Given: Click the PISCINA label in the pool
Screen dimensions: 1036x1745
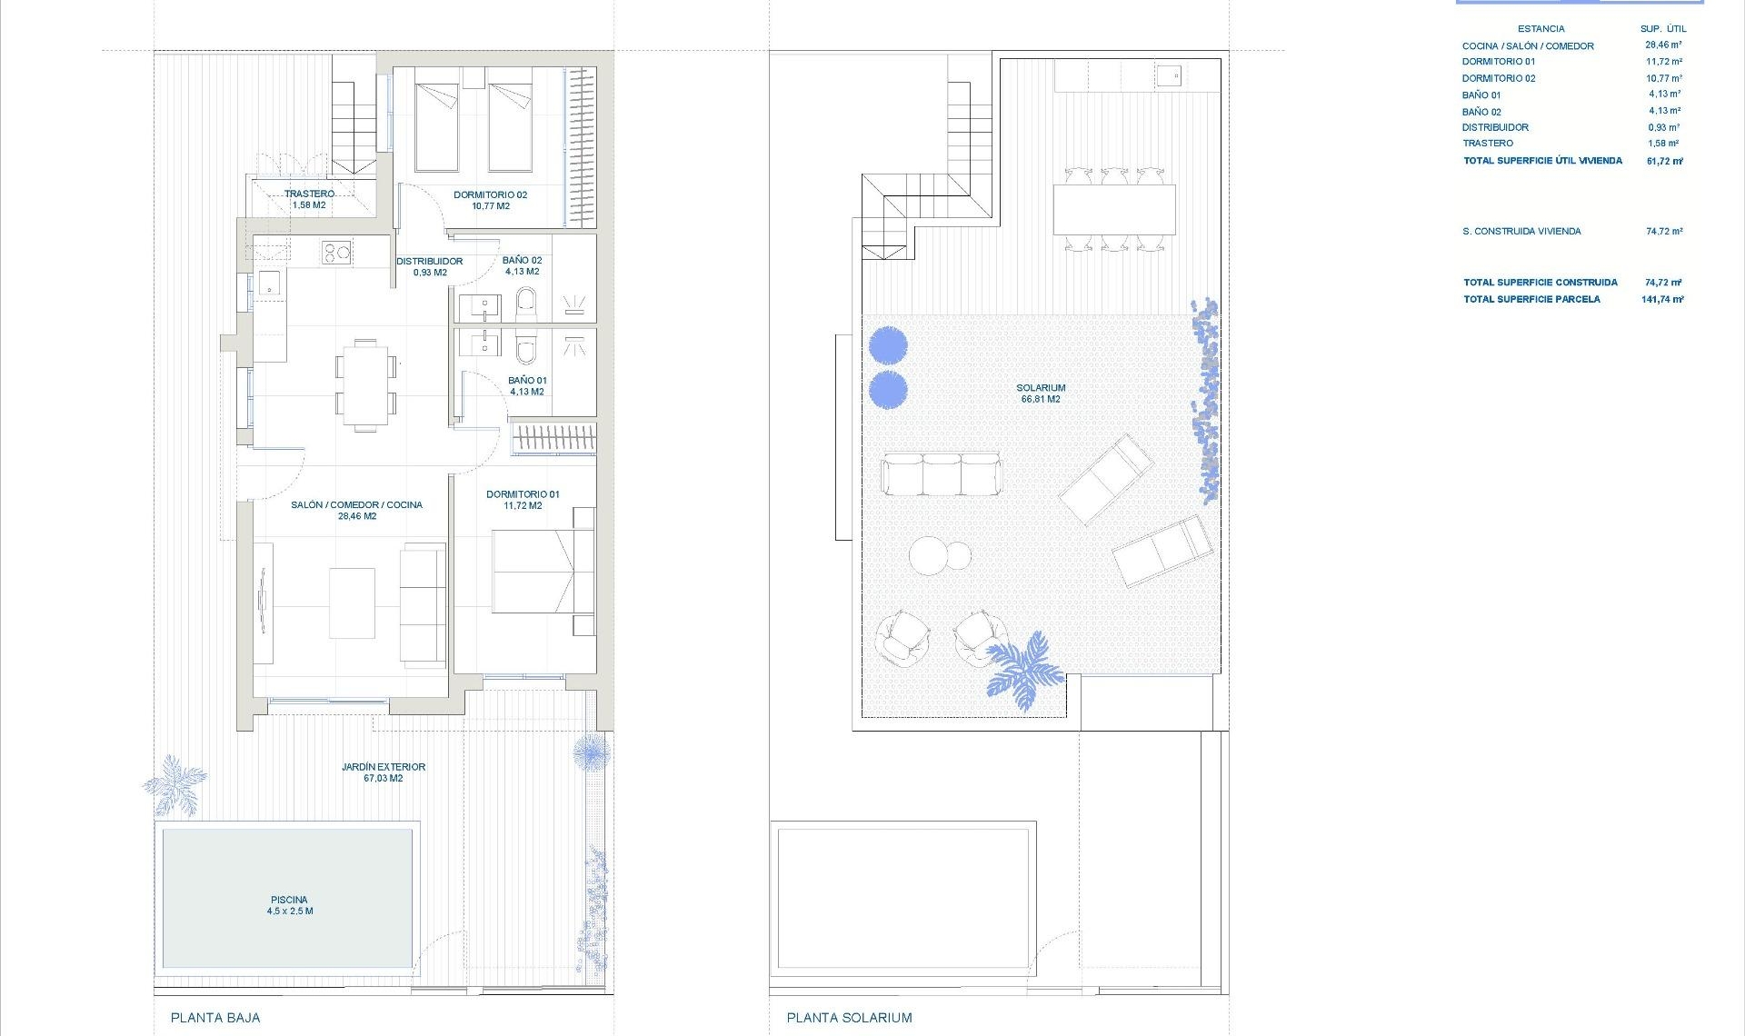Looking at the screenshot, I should coord(289,905).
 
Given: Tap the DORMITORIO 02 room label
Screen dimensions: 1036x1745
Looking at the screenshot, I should coord(490,200).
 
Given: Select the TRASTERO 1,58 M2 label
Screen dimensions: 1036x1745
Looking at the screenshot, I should coord(309,199).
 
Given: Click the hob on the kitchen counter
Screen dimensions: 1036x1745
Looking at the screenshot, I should coord(336,253).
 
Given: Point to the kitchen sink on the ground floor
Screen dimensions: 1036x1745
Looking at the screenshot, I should coord(269,284).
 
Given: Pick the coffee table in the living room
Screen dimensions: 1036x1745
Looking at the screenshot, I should coord(352,603).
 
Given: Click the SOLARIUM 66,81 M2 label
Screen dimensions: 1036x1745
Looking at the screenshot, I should coord(1041,393).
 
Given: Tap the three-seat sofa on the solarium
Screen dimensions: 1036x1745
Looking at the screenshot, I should coord(941,474).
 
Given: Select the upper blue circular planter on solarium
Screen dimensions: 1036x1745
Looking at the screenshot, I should coord(887,344).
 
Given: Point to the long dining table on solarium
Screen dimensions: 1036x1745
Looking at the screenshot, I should coord(1114,210).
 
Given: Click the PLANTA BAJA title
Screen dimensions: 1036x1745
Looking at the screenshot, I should coord(215,1018).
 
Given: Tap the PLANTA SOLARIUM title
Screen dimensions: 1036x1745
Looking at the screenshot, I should coord(849,1018).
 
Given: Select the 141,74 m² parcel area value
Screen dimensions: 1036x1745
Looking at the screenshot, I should coord(1662,299).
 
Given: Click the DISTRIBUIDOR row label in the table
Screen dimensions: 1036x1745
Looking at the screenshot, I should coord(1495,127).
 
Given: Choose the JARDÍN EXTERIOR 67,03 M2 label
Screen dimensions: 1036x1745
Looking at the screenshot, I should coord(384,772).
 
